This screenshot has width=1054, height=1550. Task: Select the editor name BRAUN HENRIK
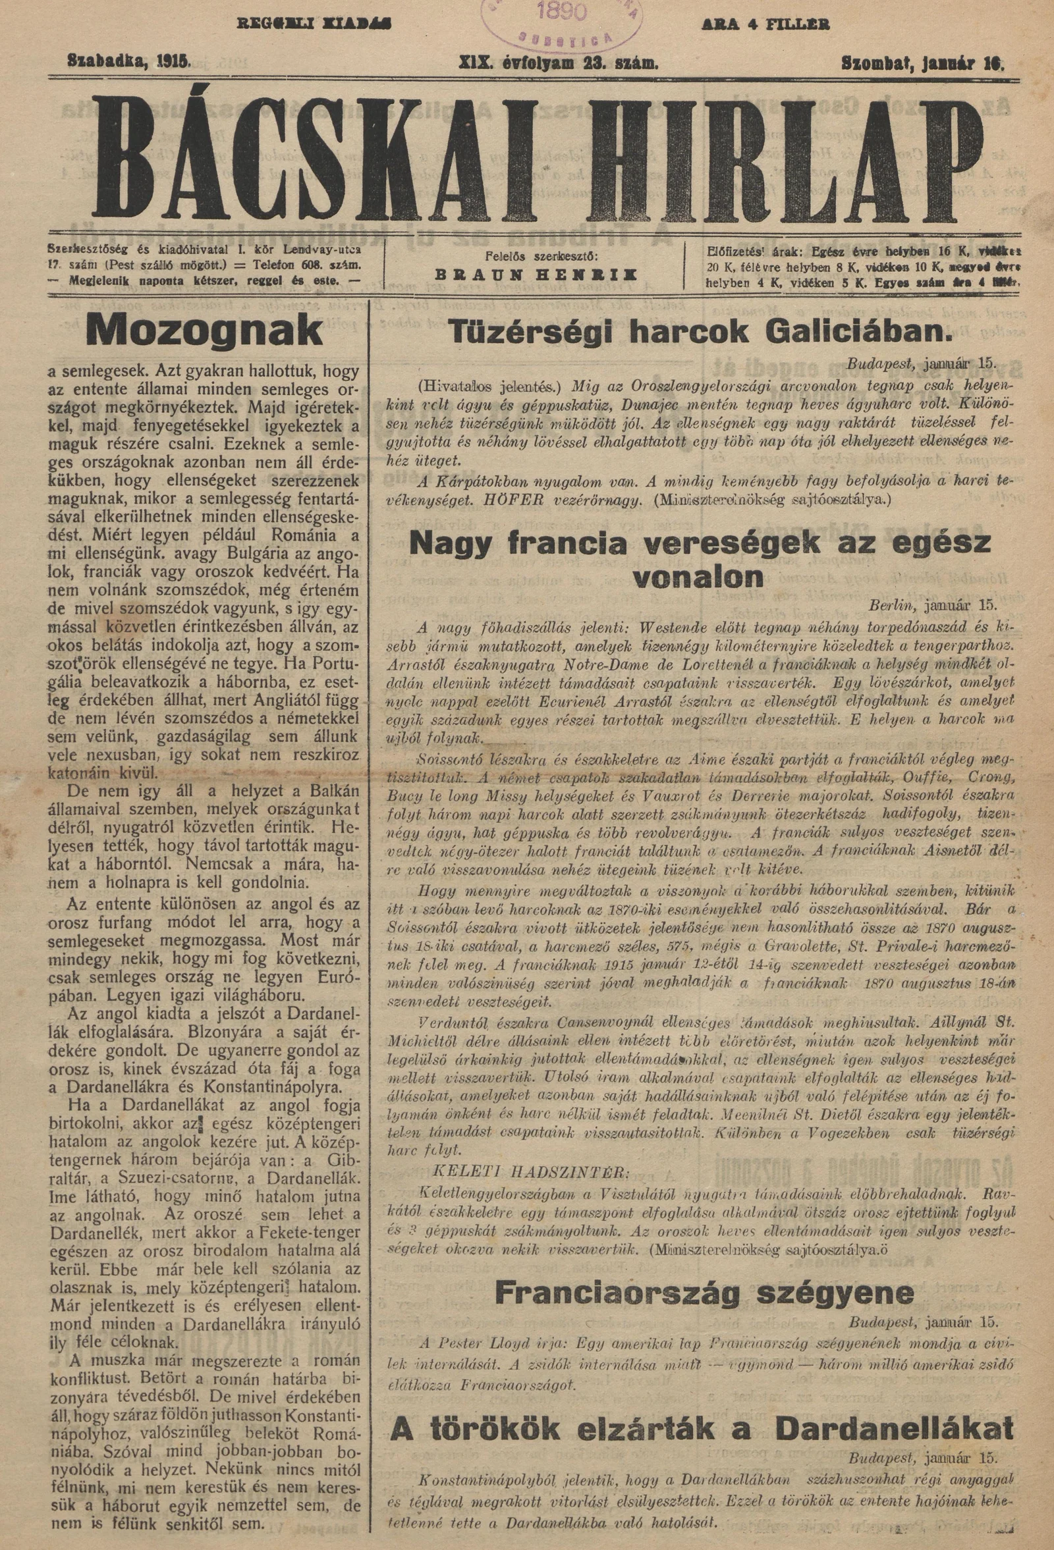(536, 275)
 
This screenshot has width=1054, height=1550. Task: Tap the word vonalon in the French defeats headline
(699, 577)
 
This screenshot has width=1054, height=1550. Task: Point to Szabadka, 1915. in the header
(129, 63)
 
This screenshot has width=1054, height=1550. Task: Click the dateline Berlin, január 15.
(931, 606)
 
